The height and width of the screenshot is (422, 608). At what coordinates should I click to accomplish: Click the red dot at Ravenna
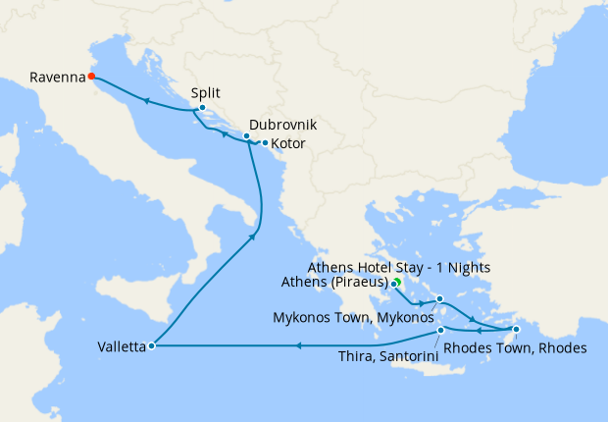pos(90,76)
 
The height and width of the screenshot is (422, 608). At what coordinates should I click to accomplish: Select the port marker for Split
pos(202,108)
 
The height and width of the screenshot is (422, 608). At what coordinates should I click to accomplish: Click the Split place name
pos(206,93)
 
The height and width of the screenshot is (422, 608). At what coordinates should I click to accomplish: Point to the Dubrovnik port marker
pos(247,136)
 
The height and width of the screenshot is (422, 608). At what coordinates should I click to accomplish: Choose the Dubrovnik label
pos(282,126)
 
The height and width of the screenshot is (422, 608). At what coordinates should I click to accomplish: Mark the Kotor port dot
pos(265,143)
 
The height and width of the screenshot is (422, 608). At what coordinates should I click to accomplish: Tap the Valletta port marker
pos(150,345)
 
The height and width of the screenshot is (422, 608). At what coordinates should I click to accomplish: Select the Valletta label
pos(122,346)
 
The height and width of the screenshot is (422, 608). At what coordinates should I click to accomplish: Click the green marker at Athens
pos(396,283)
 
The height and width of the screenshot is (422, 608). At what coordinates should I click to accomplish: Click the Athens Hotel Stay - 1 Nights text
pos(398,267)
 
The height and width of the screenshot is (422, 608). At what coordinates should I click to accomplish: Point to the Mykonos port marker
pos(440,298)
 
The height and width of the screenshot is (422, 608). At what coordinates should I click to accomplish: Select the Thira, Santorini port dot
pos(441,330)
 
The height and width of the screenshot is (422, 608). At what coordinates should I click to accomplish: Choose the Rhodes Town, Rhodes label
pos(516,348)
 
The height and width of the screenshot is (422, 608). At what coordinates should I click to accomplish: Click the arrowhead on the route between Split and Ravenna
pos(145,100)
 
